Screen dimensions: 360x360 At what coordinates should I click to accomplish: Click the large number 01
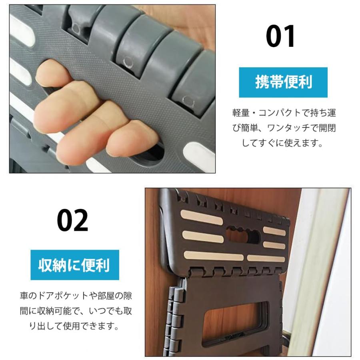point(281,36)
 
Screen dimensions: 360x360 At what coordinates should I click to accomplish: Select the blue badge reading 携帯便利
point(283,82)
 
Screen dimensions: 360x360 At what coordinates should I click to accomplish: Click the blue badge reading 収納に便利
point(76,265)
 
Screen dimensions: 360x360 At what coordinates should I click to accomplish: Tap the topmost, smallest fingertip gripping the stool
point(50,74)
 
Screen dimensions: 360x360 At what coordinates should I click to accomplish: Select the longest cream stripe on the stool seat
point(214,256)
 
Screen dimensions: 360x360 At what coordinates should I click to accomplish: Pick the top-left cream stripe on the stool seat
point(200,219)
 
